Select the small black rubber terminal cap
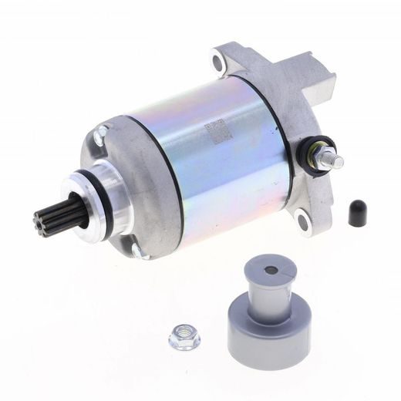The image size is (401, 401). click(x=356, y=213)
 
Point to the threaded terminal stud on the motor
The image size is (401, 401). click(x=335, y=160)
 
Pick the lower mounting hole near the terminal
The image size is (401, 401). click(x=303, y=223)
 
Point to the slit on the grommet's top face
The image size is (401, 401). click(x=286, y=269)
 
